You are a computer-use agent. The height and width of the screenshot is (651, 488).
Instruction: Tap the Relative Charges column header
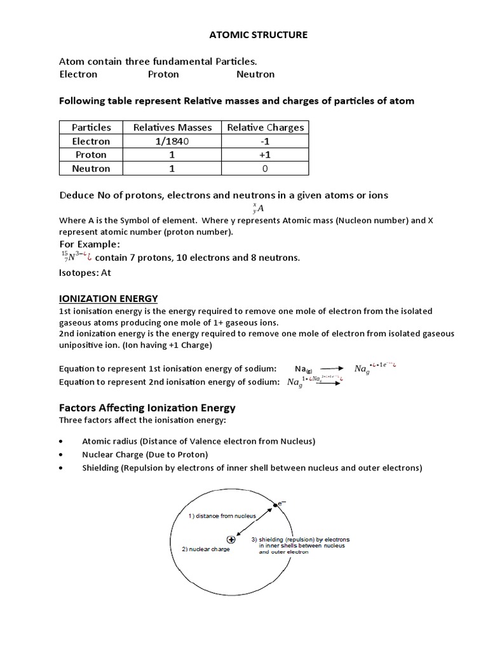266,127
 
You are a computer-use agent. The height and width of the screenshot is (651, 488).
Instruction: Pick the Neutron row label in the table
91,168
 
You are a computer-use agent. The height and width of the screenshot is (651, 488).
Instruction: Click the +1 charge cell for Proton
266,155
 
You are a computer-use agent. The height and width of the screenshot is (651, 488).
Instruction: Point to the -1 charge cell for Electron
266,141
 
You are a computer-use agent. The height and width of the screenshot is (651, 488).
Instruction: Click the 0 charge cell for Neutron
266,168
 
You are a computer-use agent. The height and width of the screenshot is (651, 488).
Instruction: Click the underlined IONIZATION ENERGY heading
108,298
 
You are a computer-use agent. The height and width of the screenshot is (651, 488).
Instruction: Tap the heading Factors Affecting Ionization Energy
147,408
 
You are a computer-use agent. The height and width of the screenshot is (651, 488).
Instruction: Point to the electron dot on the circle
273,504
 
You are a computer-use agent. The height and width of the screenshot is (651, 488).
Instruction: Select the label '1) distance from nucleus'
222,516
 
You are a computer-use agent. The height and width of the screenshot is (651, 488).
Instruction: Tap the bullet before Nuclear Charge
60,455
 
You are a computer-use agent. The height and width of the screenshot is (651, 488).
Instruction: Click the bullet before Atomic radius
60,441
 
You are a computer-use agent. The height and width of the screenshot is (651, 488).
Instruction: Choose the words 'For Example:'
89,244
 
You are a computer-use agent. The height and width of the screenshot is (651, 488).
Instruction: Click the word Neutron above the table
255,74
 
